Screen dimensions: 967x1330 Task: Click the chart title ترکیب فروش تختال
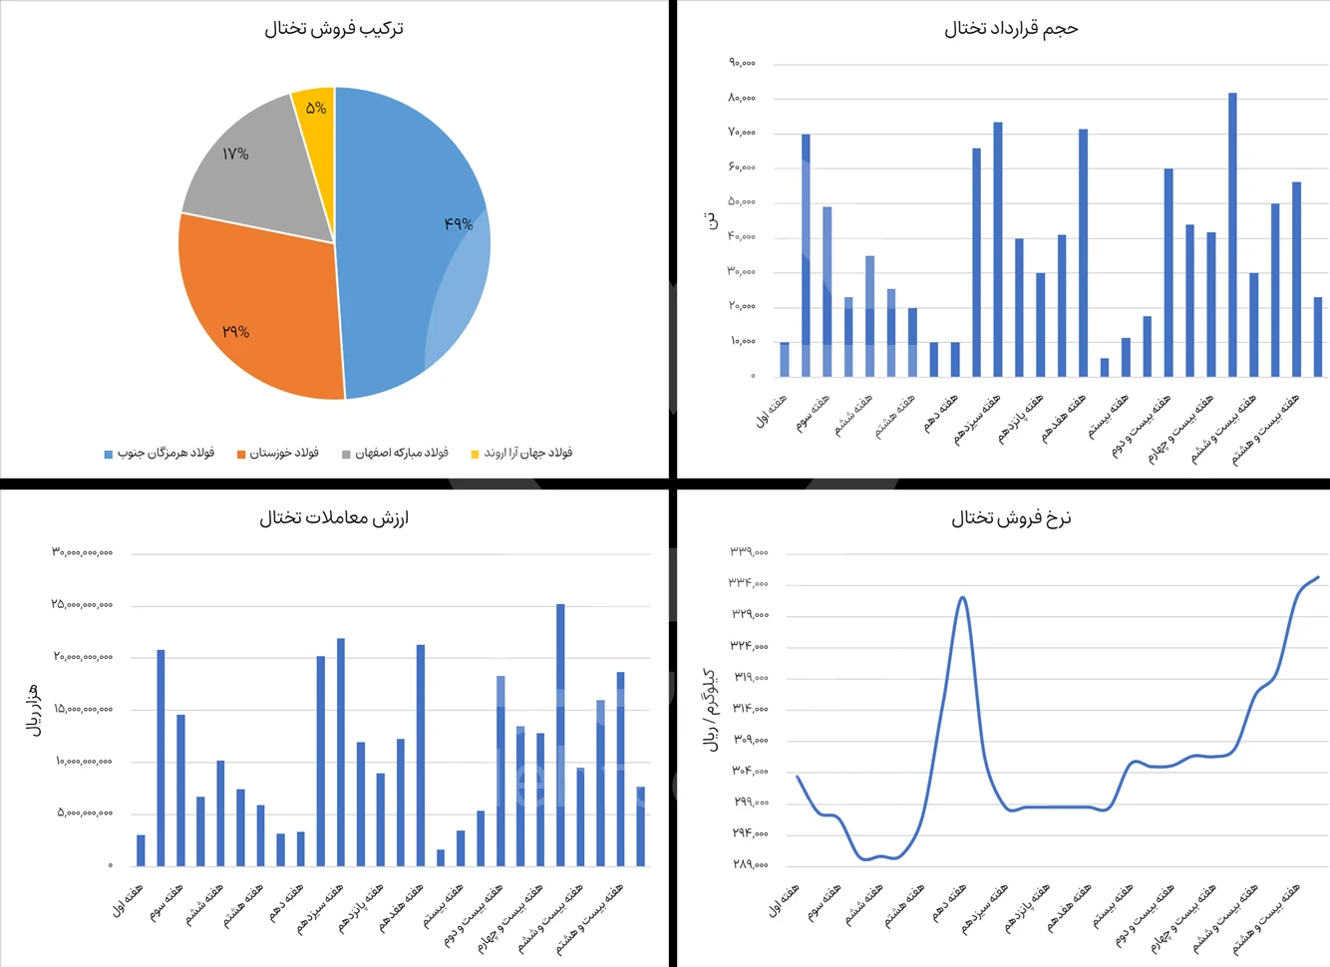pyautogui.click(x=334, y=29)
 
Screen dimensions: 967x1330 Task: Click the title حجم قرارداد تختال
pyautogui.click(x=1011, y=29)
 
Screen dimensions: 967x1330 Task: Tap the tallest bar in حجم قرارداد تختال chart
pyautogui.click(x=1232, y=234)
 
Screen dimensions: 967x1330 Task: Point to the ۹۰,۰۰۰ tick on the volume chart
pyautogui.click(x=742, y=63)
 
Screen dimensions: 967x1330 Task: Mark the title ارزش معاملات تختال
pyautogui.click(x=334, y=517)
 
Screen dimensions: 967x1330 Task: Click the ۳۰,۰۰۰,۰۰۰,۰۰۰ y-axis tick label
pyautogui.click(x=83, y=552)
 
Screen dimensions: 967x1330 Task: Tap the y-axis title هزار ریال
pyautogui.click(x=34, y=710)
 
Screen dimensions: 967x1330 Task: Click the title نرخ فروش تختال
pyautogui.click(x=1011, y=517)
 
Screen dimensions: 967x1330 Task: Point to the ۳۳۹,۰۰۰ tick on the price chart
pyautogui.click(x=749, y=551)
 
